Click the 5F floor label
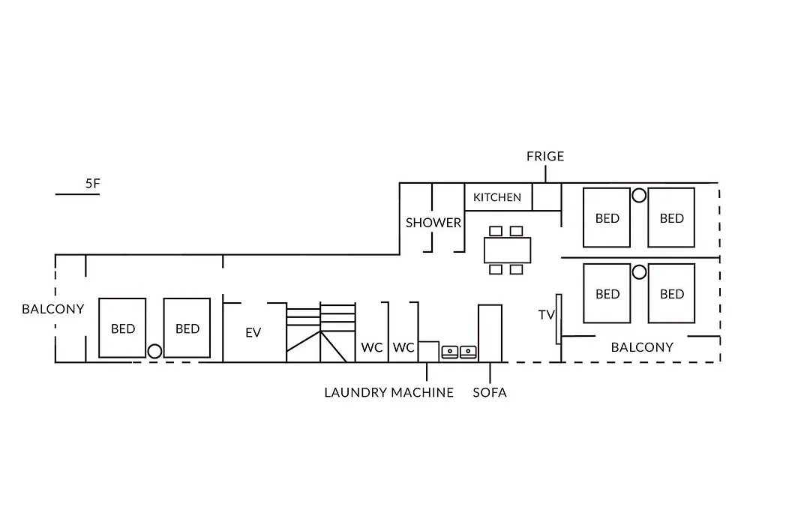[x=92, y=184]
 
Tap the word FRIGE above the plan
[x=545, y=156]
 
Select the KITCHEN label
[x=497, y=197]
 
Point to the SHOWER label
[x=433, y=223]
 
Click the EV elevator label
[x=253, y=333]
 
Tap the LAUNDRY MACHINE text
[x=389, y=393]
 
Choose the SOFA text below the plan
[x=490, y=393]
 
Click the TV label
[x=546, y=315]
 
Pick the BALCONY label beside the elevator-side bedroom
[x=52, y=309]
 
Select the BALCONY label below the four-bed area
[x=642, y=347]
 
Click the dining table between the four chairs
[x=507, y=250]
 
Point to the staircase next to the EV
[x=321, y=332]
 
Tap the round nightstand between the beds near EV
[x=154, y=352]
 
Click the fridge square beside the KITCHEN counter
[x=547, y=196]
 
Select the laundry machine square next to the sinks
[x=428, y=352]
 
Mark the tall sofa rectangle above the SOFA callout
[x=490, y=333]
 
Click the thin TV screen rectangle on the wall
[x=559, y=319]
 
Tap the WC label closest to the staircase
[x=372, y=347]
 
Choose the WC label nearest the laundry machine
[x=403, y=347]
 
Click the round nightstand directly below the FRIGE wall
[x=639, y=195]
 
